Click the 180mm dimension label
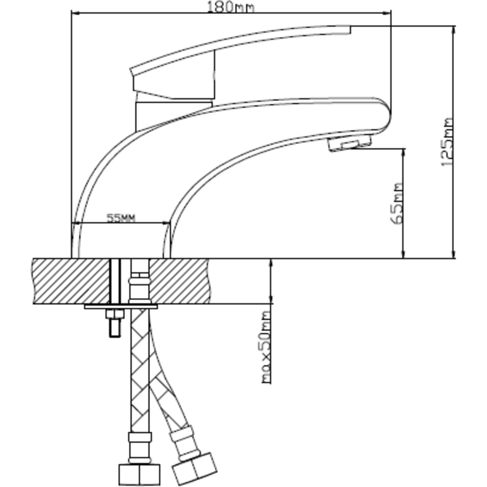point(230,7)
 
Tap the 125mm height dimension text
point(448,142)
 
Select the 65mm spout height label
point(396,204)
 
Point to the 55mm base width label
point(121,218)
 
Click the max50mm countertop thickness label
point(266,347)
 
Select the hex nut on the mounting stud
point(115,314)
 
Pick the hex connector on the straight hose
point(140,474)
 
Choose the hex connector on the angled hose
point(195,469)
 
